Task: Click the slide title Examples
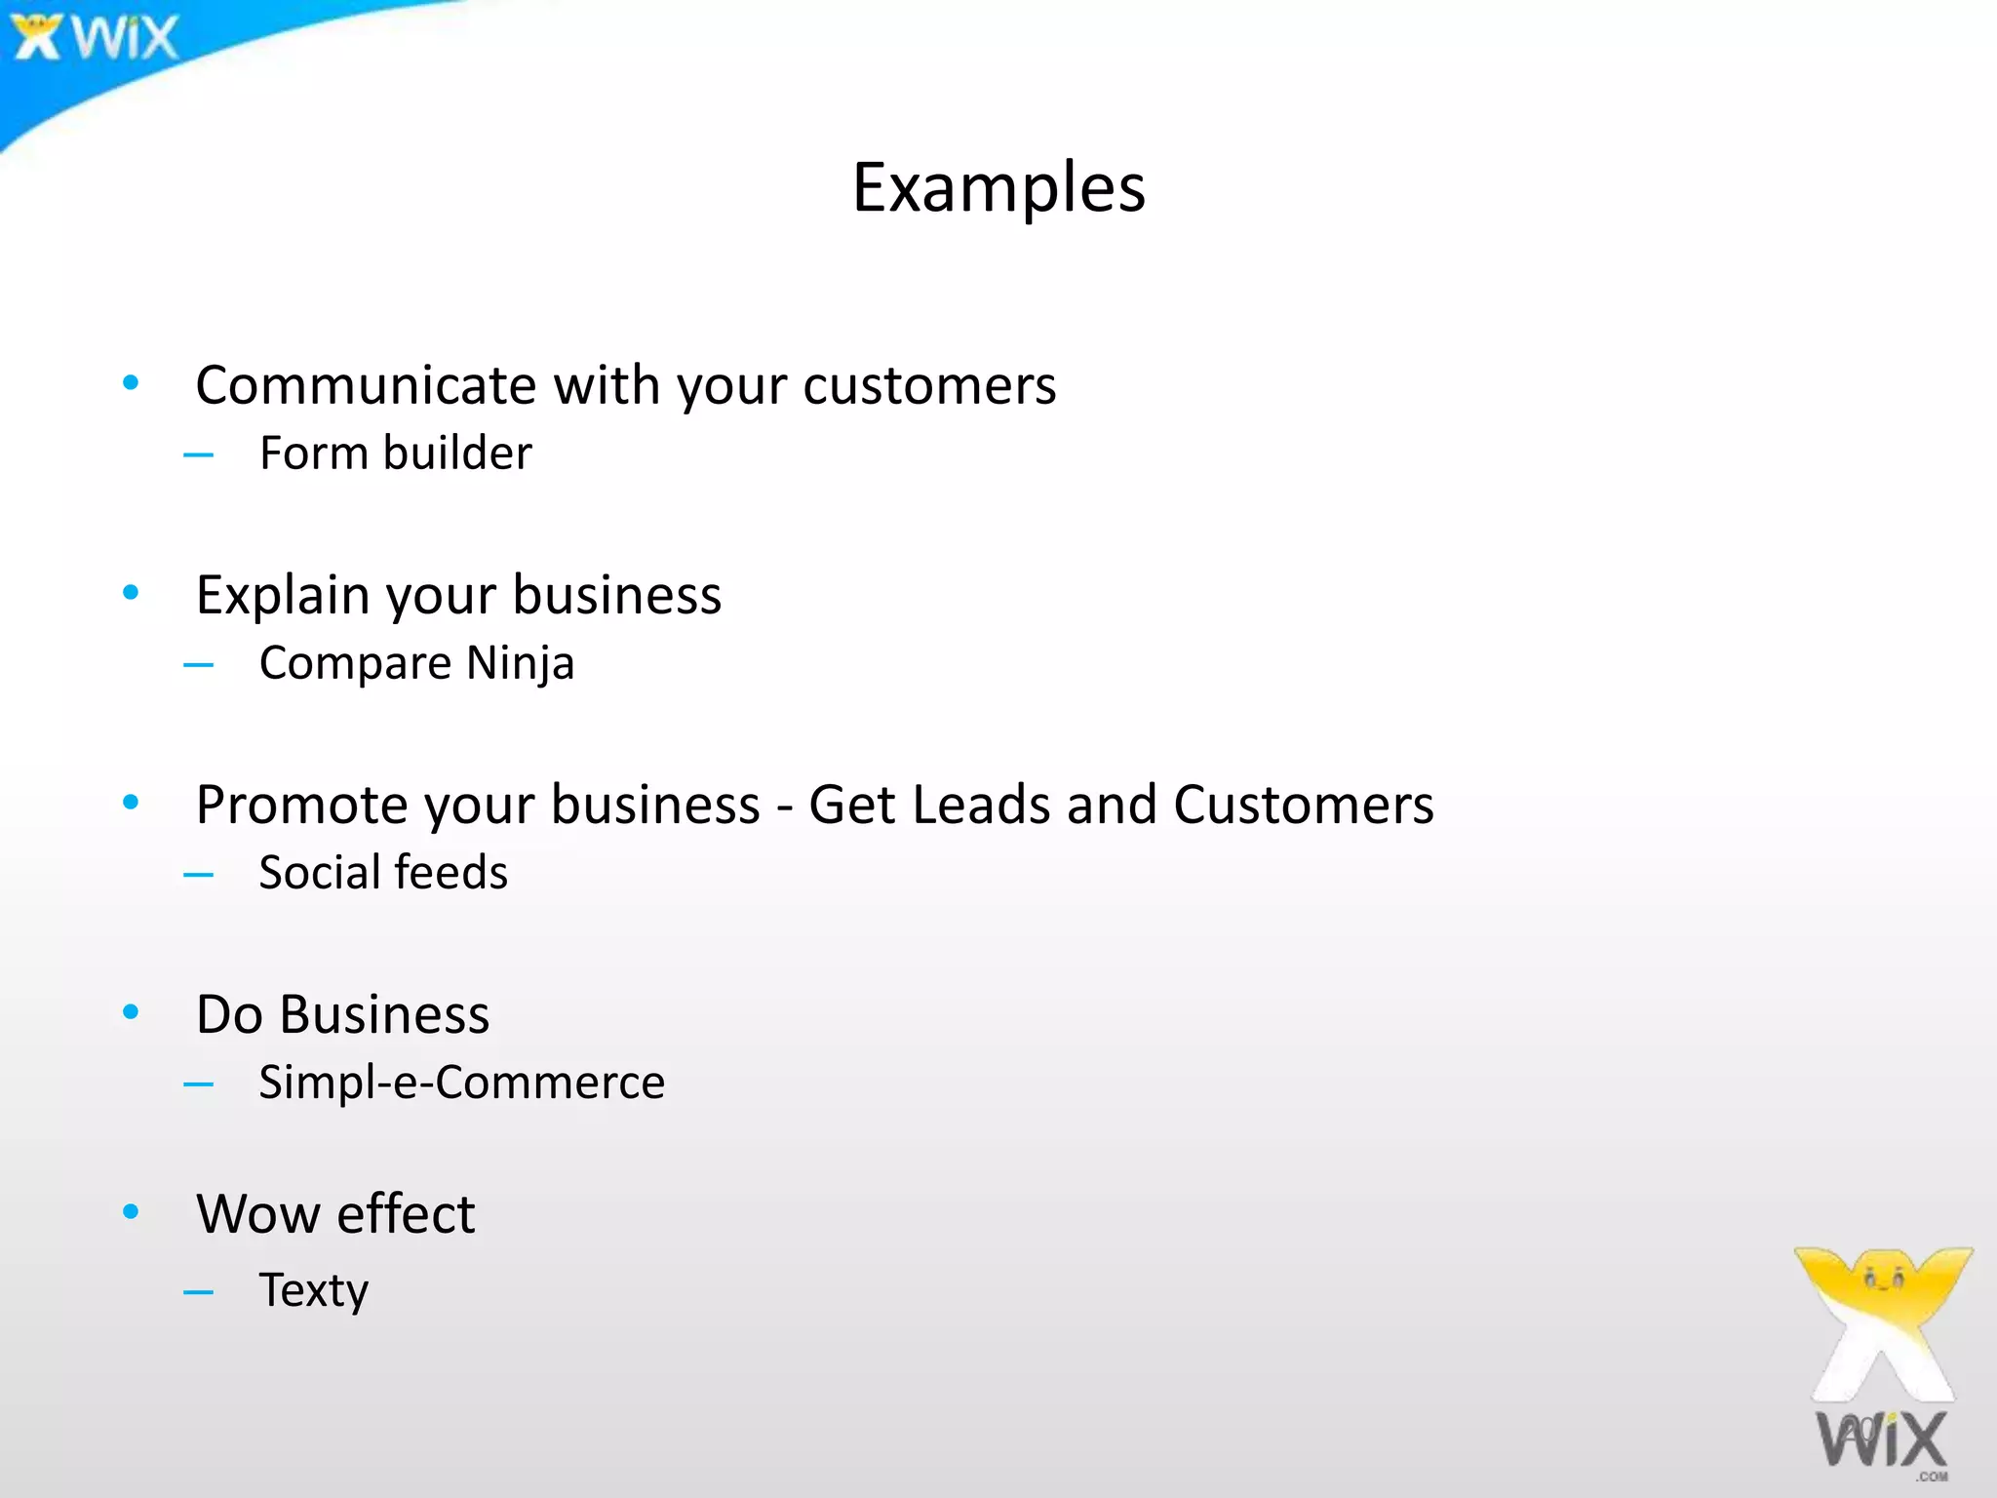[998, 187]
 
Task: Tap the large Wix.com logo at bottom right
[1883, 1365]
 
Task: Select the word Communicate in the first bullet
[366, 385]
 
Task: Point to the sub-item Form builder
[395, 453]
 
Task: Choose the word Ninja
[520, 664]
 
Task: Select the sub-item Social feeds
[383, 873]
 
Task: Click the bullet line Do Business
[342, 1014]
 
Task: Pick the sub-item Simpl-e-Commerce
[461, 1083]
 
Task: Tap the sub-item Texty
[313, 1291]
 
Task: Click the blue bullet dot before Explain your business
[131, 592]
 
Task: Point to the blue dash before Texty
[198, 1293]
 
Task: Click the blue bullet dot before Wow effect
[131, 1212]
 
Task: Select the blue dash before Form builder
[198, 454]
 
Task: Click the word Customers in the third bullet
[1303, 806]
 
